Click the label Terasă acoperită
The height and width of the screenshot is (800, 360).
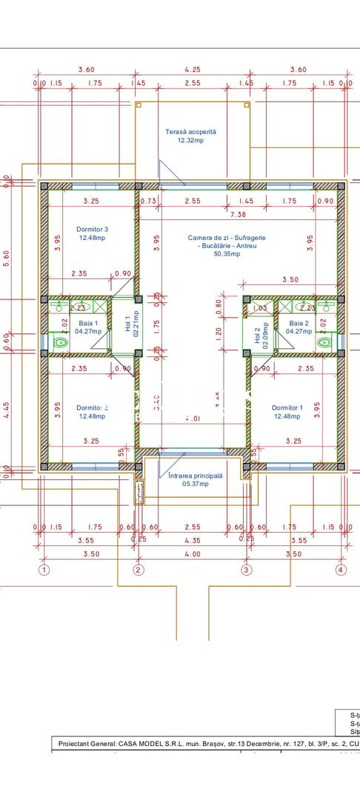[x=190, y=131]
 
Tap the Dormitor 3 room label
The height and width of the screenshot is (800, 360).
[x=93, y=229]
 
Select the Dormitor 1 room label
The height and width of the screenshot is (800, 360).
[x=287, y=407]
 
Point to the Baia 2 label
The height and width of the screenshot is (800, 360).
[x=298, y=324]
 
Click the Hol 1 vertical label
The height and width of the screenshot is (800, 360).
[x=127, y=324]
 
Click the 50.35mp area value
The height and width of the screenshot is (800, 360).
[x=222, y=253]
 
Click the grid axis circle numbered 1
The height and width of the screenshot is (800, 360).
[x=44, y=570]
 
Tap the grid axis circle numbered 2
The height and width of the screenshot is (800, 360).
[x=138, y=570]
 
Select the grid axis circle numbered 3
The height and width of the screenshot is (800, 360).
[x=247, y=570]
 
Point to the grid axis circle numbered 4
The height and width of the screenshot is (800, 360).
[x=341, y=570]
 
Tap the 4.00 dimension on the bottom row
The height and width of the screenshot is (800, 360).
[x=192, y=553]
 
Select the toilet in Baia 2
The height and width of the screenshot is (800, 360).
[x=323, y=342]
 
